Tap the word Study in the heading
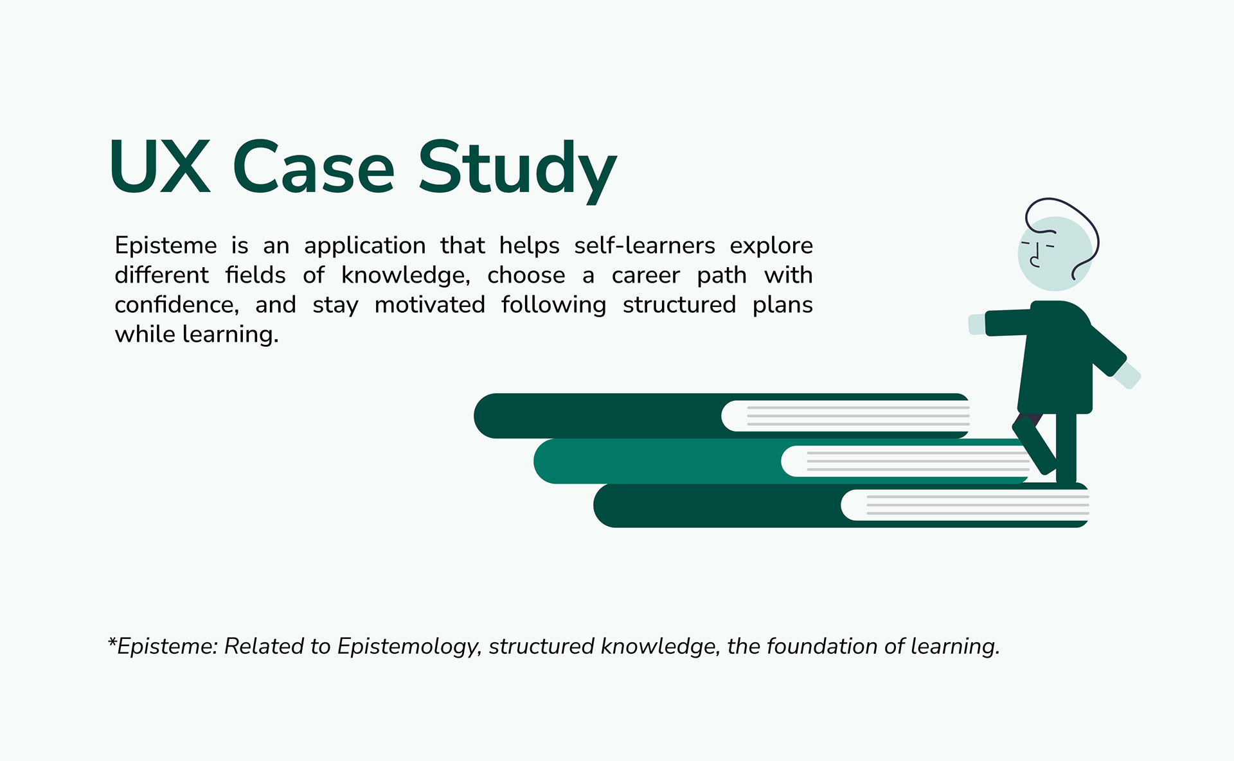tap(517, 168)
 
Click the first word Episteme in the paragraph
tap(166, 246)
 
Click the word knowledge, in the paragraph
tap(406, 276)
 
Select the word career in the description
tap(645, 276)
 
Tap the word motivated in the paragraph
tap(429, 305)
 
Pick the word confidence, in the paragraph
tap(177, 305)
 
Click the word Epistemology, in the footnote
tap(409, 647)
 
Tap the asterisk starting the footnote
tap(112, 643)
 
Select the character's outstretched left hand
tap(977, 324)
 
